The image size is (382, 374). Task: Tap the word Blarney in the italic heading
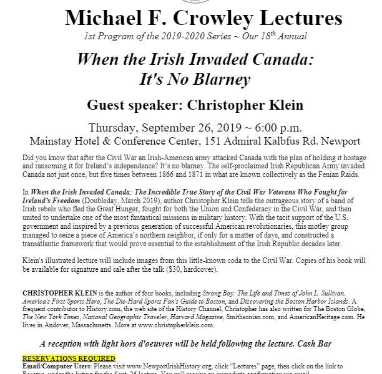(216, 81)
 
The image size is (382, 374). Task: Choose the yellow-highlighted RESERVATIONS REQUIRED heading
(69, 358)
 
